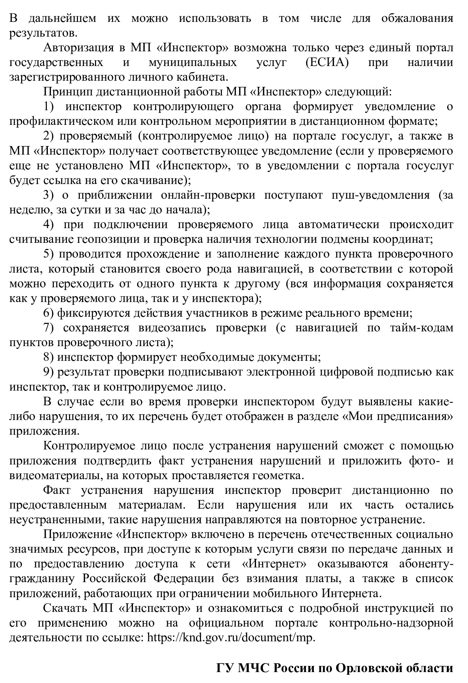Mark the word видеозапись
[173, 328]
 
